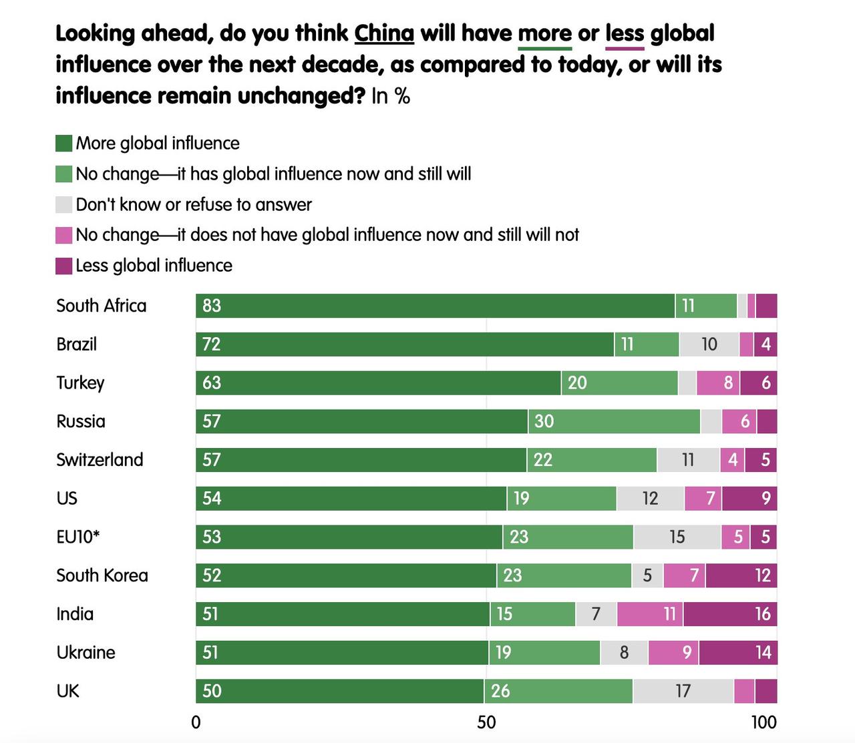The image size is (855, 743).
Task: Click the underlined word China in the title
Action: pos(384,33)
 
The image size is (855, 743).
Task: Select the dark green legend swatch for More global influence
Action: pos(64,144)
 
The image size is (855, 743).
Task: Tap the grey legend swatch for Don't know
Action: pos(64,204)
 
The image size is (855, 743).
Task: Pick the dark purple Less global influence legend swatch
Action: pos(64,266)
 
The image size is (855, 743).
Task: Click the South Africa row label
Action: pos(102,306)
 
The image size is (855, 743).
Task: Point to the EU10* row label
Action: pos(78,537)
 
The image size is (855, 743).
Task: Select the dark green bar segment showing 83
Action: pos(435,306)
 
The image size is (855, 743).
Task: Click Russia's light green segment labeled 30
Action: pos(614,421)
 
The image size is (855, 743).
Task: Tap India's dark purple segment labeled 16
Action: pos(730,614)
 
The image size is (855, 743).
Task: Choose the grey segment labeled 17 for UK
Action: pos(683,691)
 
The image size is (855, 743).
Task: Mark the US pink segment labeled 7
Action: pos(703,499)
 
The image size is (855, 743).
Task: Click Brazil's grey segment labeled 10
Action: pos(709,344)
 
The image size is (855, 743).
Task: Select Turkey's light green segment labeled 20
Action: pos(619,383)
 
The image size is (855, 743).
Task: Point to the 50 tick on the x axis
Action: pos(486,722)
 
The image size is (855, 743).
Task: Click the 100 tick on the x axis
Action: pos(764,722)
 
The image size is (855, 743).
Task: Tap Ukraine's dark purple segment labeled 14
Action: pos(738,653)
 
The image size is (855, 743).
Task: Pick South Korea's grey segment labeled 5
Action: pos(647,575)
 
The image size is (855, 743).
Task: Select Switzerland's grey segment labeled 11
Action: pos(688,460)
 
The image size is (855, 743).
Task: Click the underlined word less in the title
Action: pos(625,33)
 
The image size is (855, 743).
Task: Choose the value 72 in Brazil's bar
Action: pos(212,344)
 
